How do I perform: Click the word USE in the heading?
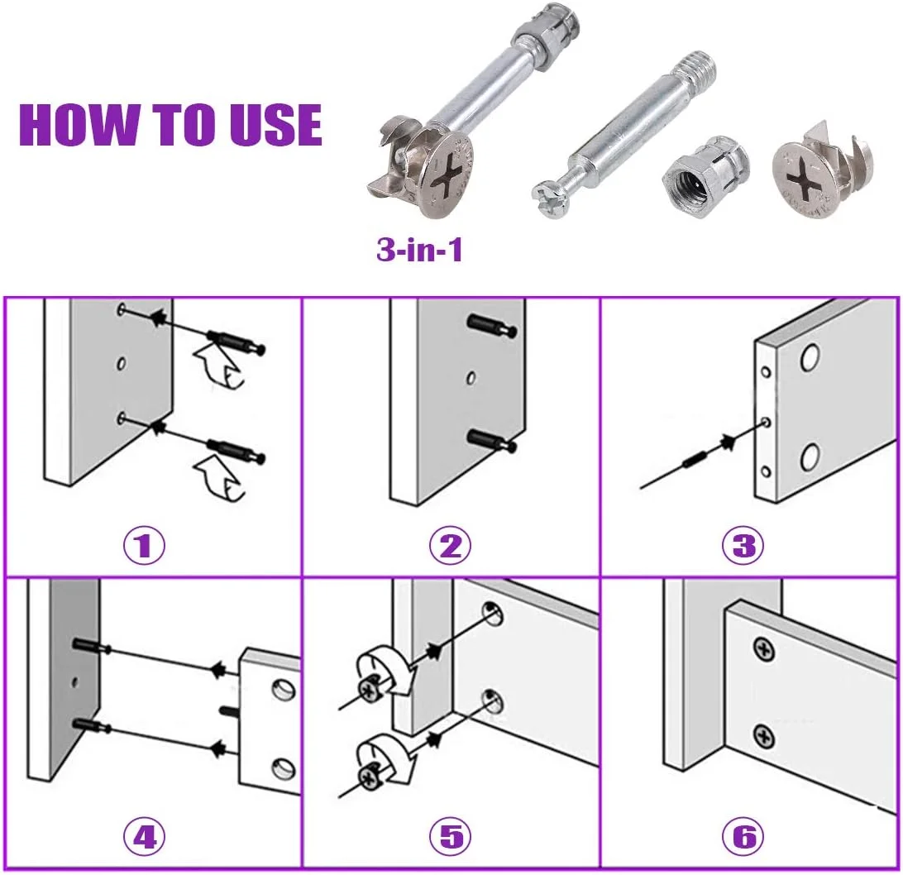(276, 124)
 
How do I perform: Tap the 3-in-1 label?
(419, 250)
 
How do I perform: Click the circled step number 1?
(144, 545)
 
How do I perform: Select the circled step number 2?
(450, 545)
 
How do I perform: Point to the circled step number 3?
(743, 545)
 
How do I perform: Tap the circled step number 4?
(144, 836)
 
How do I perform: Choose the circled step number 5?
(450, 836)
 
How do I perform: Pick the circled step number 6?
(743, 836)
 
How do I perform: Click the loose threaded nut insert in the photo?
(705, 179)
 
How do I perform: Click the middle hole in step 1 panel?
(122, 363)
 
